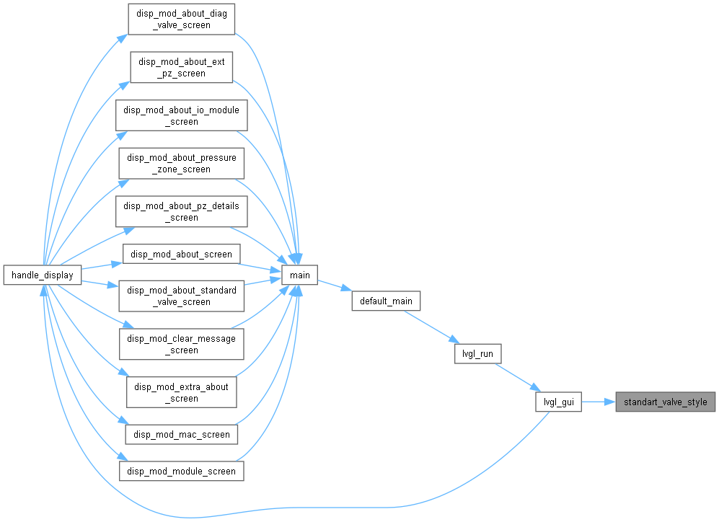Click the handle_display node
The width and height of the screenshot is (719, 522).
[x=42, y=275]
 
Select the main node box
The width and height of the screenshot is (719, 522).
[x=299, y=275]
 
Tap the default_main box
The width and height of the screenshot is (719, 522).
[x=386, y=301]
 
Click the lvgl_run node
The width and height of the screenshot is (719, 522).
[x=477, y=354]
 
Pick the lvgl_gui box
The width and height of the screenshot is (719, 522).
[x=558, y=402]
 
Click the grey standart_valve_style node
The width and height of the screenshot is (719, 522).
[x=666, y=402]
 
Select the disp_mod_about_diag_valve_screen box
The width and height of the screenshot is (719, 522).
[x=182, y=19]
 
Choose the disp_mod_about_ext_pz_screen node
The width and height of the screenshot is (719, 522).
[x=182, y=67]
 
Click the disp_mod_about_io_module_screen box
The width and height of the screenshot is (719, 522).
[x=182, y=115]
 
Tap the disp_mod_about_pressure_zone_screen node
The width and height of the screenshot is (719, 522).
[x=182, y=164]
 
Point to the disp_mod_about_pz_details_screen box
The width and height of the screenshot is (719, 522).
[x=182, y=212]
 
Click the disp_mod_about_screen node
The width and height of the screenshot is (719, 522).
[x=182, y=254]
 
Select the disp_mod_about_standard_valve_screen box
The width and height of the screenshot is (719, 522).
[x=182, y=296]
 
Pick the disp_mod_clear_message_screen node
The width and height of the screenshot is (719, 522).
[x=182, y=344]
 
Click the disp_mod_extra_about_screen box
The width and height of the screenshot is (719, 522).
[x=182, y=392]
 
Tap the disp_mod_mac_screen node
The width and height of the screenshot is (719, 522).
[x=182, y=435]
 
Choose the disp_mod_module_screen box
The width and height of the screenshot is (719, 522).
[x=182, y=471]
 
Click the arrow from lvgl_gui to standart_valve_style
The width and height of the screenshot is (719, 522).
[x=599, y=402]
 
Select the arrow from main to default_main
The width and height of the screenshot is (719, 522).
[x=335, y=286]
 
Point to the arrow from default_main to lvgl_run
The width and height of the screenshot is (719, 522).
[x=431, y=327]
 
